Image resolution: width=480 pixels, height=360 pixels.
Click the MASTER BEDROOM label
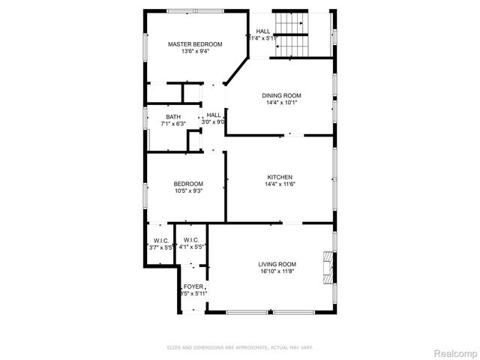tap(195, 44)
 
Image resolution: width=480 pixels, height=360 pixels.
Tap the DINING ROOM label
tap(281, 95)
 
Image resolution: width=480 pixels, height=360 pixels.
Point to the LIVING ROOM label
tap(277, 264)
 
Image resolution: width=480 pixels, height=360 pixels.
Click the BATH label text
tap(173, 116)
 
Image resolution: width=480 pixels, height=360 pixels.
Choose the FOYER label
tap(193, 286)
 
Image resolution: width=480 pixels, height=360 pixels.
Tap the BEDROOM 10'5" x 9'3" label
tap(188, 184)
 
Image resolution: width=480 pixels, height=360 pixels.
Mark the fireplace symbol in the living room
tap(327, 264)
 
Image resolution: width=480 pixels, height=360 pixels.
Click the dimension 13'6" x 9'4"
tap(195, 52)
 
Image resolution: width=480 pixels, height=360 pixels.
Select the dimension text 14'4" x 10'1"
tap(281, 103)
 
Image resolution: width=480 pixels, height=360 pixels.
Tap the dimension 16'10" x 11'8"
tap(277, 271)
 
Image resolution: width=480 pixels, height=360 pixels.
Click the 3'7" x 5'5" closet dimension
tap(161, 247)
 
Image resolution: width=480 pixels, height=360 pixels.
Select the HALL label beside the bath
tap(214, 115)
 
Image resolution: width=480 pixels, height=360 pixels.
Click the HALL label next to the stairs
tap(263, 31)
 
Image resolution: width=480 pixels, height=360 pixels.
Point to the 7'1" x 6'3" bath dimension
tap(173, 124)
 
